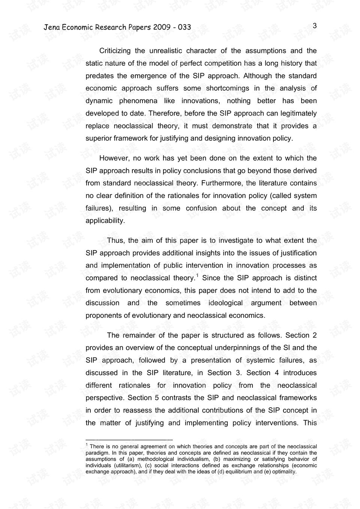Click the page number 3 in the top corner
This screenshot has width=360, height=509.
point(315,26)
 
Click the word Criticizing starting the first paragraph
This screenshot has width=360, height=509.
point(115,51)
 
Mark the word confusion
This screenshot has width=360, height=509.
point(201,208)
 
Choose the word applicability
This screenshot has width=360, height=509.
point(105,221)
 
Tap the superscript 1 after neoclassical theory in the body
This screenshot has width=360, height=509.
point(197,276)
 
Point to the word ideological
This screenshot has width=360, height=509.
point(225,303)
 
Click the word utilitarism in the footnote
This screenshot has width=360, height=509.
point(128,465)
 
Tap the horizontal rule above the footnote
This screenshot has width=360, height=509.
point(129,440)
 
